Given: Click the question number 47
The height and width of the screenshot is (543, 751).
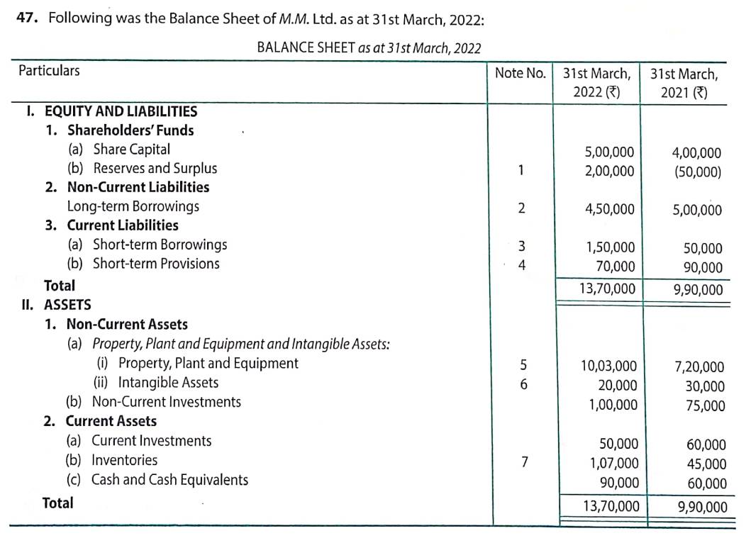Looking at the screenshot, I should pos(28,18).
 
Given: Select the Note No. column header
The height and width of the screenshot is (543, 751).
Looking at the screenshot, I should pos(520,73).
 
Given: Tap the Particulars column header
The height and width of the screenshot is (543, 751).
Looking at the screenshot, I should pos(49,71).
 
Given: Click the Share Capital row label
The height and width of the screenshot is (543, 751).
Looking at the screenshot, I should pos(131,150).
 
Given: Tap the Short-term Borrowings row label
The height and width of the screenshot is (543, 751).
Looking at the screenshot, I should pos(160,245).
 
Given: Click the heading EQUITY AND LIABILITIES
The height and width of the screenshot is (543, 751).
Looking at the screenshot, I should pos(121,111).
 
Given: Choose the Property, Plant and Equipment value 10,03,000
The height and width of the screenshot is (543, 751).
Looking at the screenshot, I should pos(608,366).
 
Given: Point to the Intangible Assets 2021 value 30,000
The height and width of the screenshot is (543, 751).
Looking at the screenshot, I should pos(705,386).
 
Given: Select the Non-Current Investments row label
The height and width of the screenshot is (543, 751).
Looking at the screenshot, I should pos(166,402).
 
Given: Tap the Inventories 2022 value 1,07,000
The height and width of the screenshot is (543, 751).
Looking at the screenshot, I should pos(614,464).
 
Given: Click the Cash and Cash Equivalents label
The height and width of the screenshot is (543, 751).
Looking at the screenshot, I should pos(169,480).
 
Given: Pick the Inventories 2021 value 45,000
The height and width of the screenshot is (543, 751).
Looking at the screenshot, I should pos(706,464).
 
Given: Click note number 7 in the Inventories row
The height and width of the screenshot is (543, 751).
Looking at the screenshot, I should pos(524,462).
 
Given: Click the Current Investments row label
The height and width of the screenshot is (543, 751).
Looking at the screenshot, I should pos(151,441).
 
